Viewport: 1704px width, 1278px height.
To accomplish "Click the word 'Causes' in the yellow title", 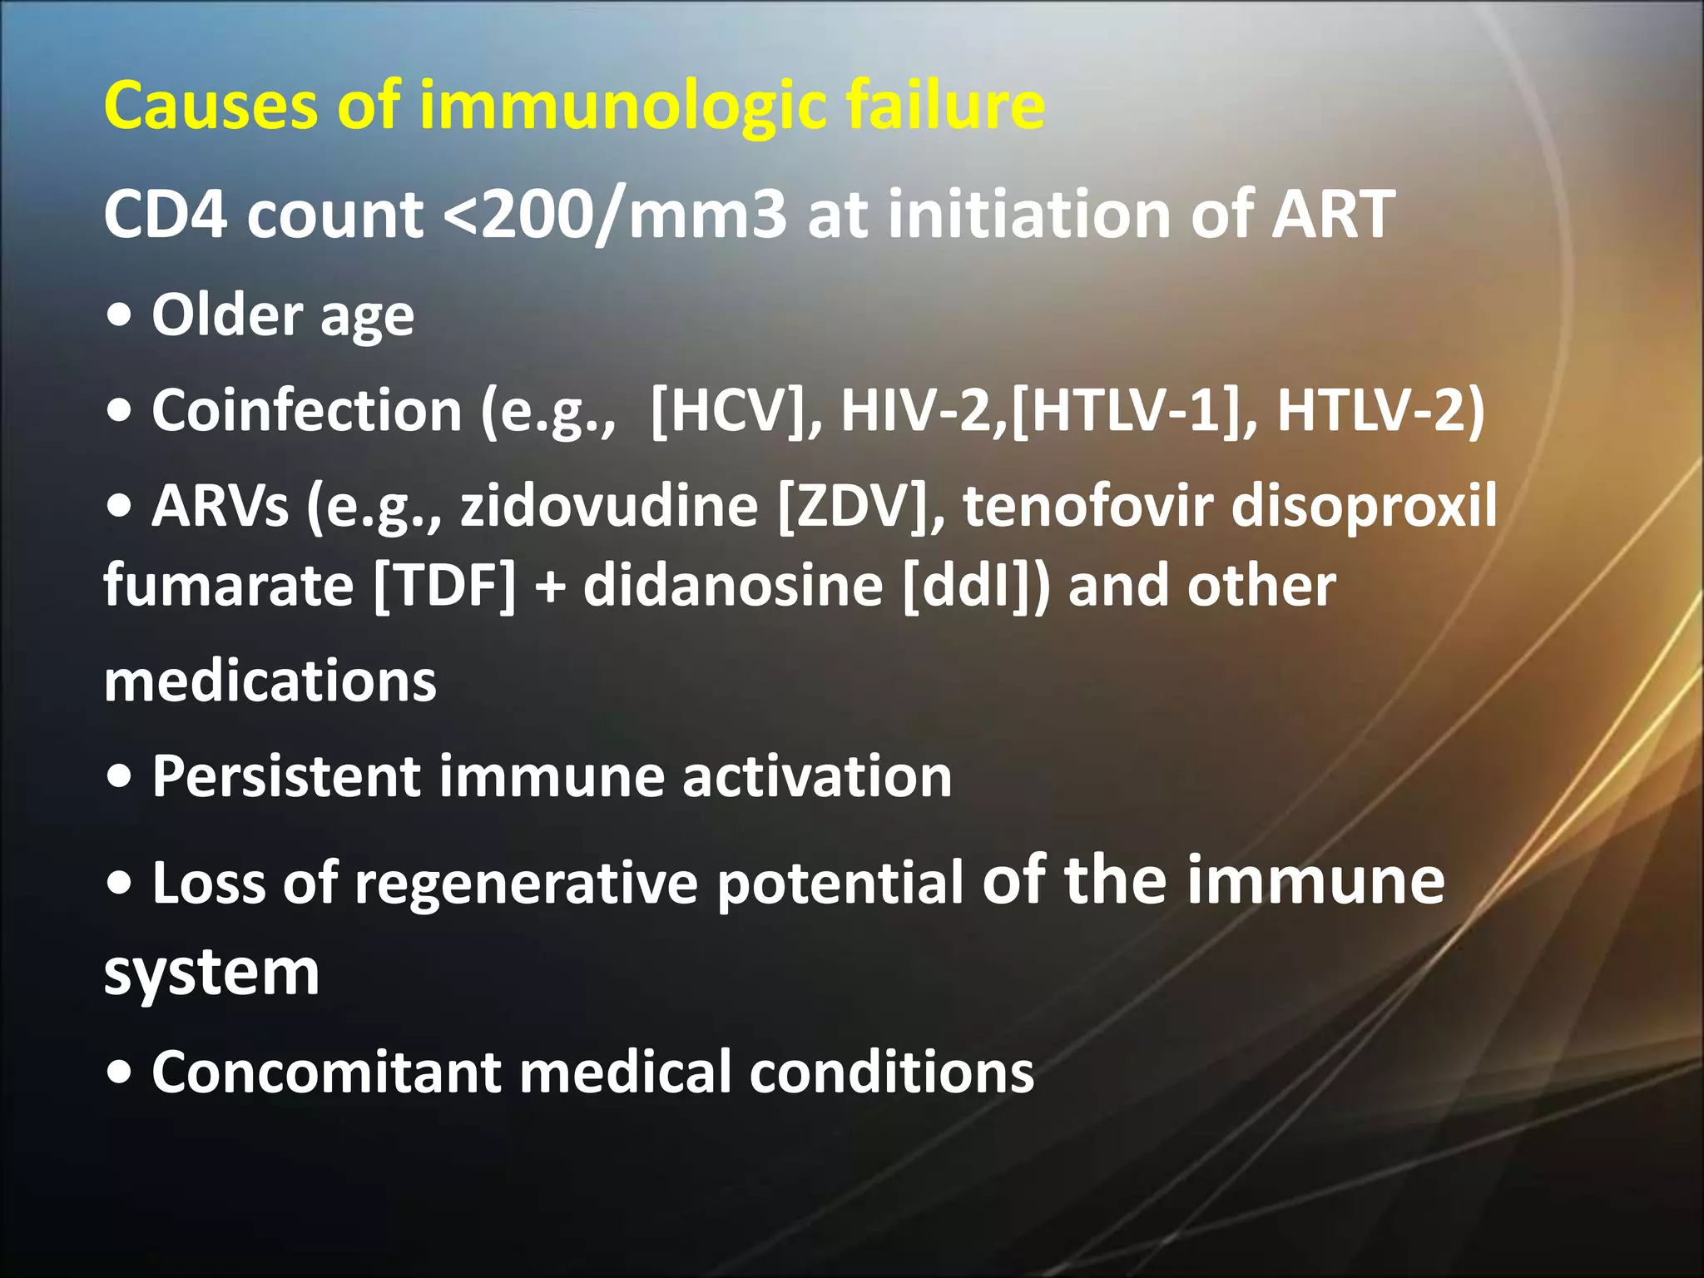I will coord(211,106).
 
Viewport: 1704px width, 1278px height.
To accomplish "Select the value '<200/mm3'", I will coord(615,215).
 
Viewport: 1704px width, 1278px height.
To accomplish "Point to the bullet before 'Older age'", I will coord(120,316).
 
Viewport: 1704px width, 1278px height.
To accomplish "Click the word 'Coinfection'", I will coord(306,411).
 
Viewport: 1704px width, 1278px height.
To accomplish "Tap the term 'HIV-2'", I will coord(915,411).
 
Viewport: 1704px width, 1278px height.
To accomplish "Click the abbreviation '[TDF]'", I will coord(445,586).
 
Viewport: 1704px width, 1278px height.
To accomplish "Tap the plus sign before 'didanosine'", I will coord(549,587).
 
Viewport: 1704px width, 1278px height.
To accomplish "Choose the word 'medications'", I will coord(270,681).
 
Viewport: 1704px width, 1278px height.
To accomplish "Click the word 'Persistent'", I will coord(286,777).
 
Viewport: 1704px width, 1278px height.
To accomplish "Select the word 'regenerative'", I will coord(526,884).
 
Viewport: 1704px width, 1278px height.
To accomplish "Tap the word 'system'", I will coord(212,973).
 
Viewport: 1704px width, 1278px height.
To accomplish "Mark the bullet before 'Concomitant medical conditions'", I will coord(120,1073).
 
